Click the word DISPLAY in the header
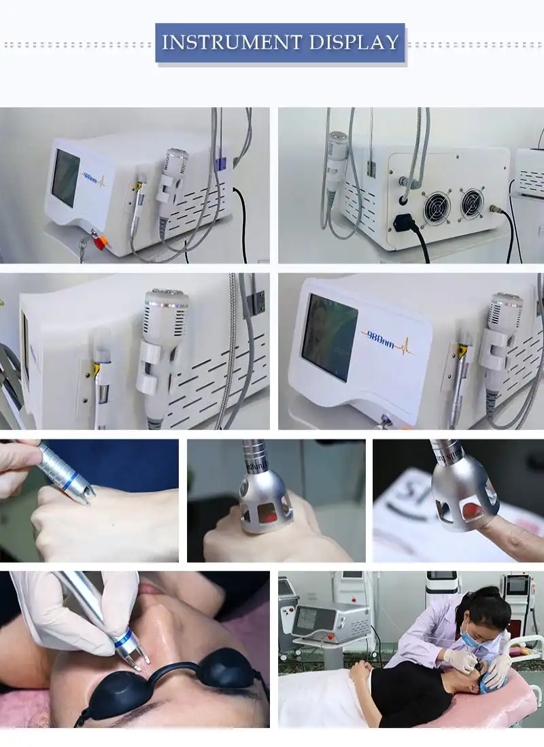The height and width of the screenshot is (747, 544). pyautogui.click(x=354, y=43)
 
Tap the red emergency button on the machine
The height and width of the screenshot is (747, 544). pyautogui.click(x=99, y=241)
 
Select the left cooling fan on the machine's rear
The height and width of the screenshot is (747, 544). pyautogui.click(x=435, y=206)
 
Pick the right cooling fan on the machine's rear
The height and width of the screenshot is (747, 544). pyautogui.click(x=471, y=202)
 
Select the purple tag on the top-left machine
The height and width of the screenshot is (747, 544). pyautogui.click(x=220, y=163)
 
